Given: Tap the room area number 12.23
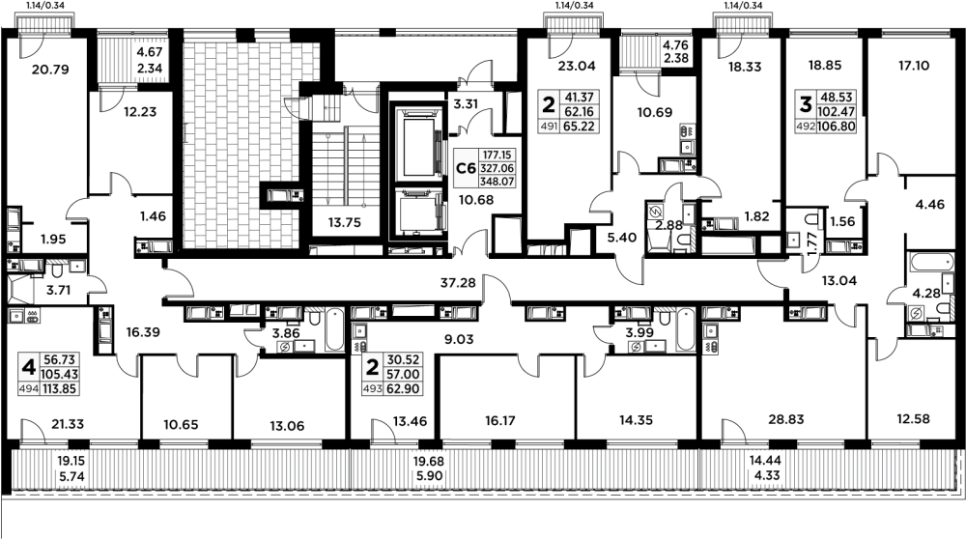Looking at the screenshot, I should pos(127,112).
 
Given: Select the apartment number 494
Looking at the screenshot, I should pos(33,390).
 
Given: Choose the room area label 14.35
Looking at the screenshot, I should pos(635,421).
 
